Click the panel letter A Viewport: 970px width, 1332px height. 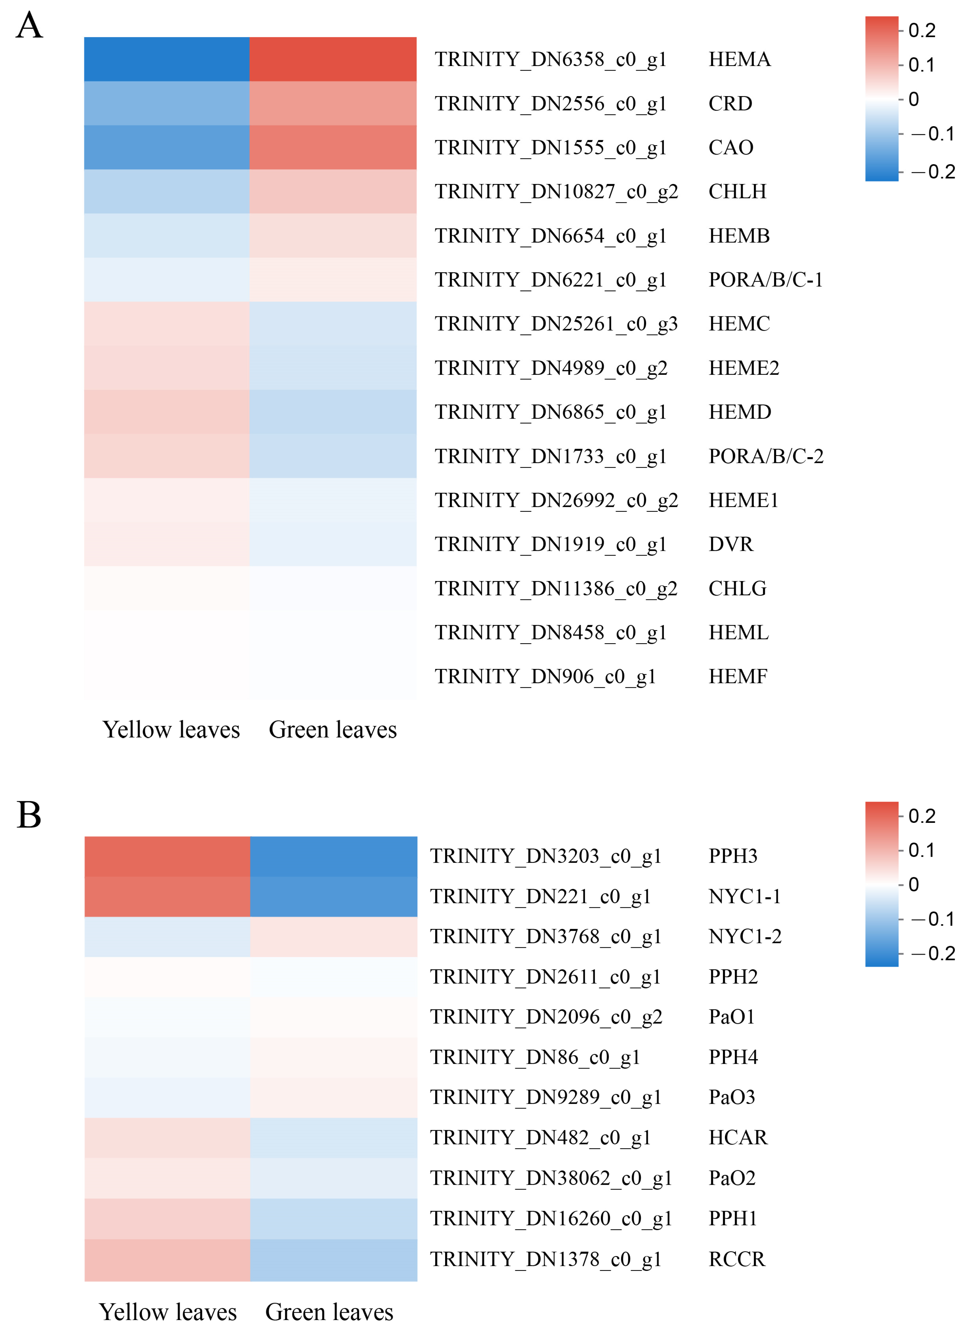click(x=30, y=26)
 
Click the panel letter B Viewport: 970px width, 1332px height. click(x=30, y=815)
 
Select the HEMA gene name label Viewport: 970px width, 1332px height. click(x=739, y=59)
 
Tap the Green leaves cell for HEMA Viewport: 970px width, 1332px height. click(x=333, y=59)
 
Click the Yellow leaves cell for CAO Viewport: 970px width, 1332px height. click(x=167, y=148)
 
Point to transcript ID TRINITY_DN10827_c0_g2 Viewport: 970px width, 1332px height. click(x=556, y=191)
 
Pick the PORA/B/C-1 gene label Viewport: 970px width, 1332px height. click(x=766, y=280)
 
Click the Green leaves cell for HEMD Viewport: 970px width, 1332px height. click(x=333, y=412)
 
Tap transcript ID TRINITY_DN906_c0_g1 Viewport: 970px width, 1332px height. click(x=545, y=677)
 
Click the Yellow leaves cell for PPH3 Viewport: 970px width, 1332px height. click(x=167, y=856)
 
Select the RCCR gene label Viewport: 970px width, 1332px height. click(x=737, y=1259)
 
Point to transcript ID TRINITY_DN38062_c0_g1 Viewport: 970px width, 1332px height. click(x=551, y=1178)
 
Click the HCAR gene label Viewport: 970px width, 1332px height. click(x=738, y=1137)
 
